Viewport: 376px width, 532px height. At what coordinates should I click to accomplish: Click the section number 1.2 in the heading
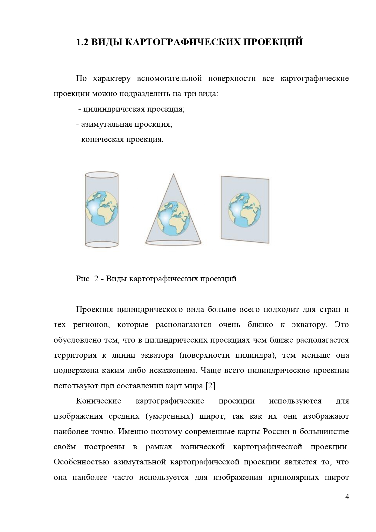(82, 42)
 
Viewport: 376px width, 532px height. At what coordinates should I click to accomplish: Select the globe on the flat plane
(245, 209)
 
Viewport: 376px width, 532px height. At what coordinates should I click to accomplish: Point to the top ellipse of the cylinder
(101, 175)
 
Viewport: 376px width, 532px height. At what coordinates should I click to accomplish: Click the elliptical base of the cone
(173, 242)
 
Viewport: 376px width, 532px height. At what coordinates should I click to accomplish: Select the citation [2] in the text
(211, 386)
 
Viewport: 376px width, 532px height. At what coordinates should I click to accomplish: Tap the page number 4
(347, 497)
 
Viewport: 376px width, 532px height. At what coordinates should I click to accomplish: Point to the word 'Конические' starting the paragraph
(98, 401)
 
